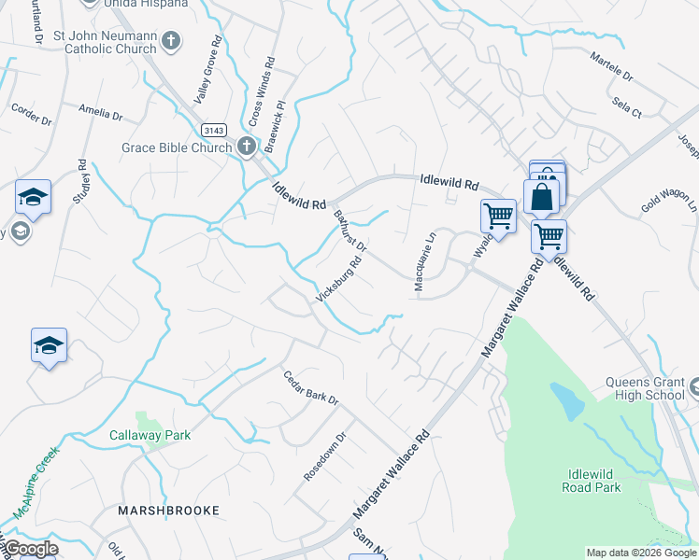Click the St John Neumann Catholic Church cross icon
(x=171, y=40)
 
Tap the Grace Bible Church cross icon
(x=246, y=146)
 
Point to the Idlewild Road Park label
(x=592, y=480)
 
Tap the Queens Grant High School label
(x=646, y=388)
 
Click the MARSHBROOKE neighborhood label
(x=169, y=511)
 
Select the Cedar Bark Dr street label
(x=310, y=387)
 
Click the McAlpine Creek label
(x=36, y=482)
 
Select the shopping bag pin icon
(x=542, y=197)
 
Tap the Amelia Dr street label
(x=101, y=112)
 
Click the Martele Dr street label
(x=611, y=66)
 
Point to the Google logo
(x=31, y=549)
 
